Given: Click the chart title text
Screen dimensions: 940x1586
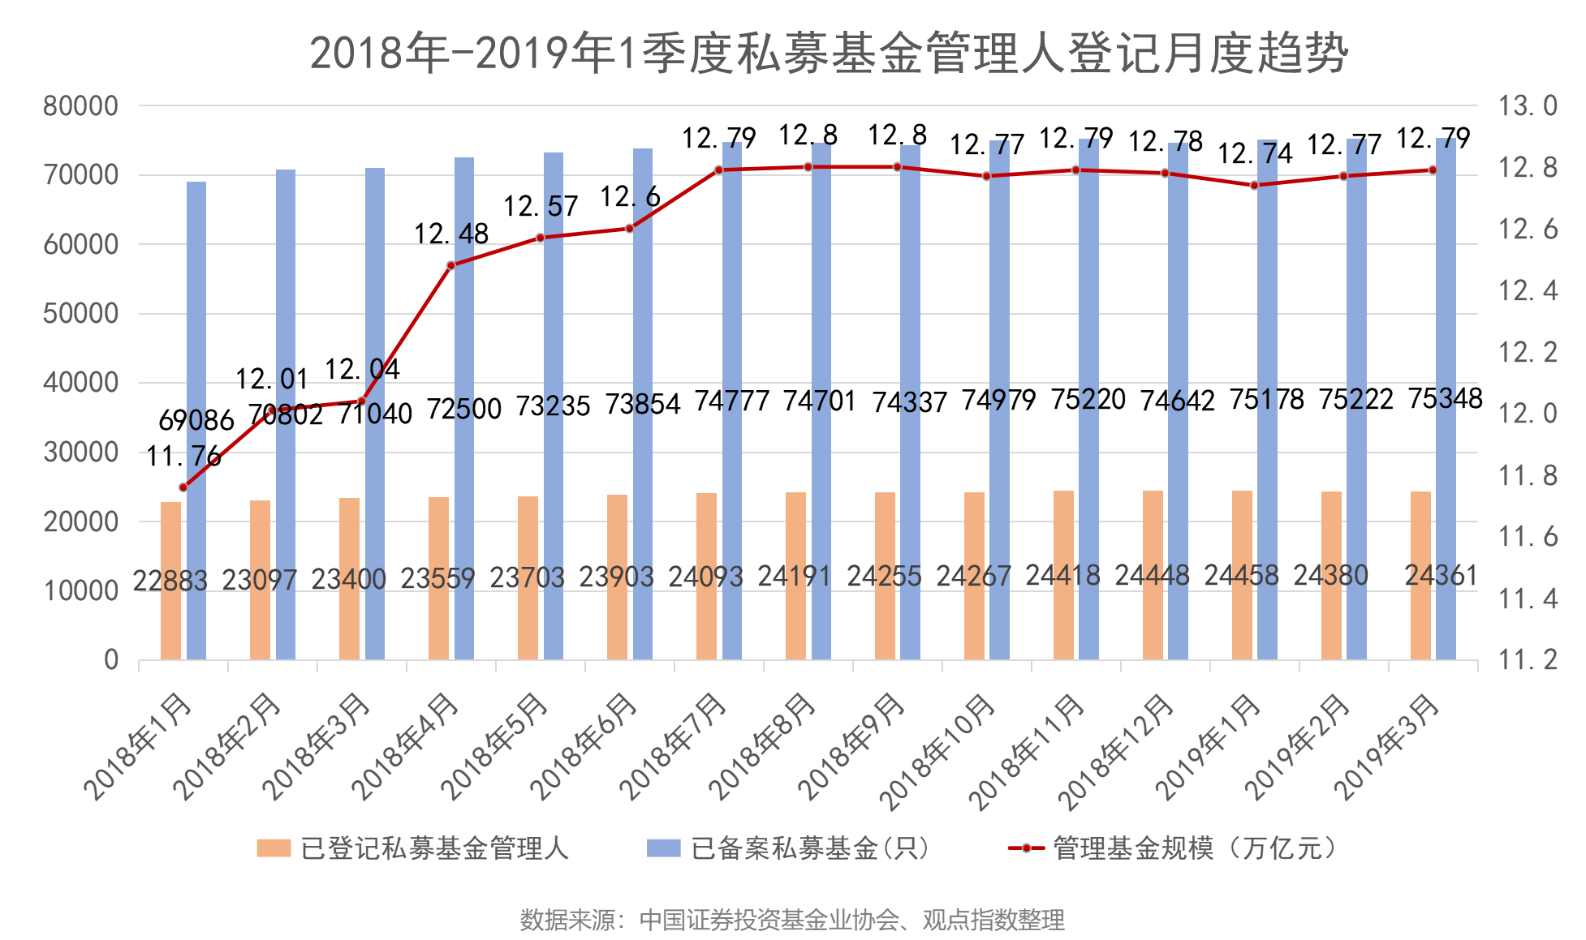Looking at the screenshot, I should (828, 54).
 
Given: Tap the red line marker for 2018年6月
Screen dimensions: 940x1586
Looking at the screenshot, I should (629, 229).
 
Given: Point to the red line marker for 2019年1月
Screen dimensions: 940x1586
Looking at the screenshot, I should (1254, 185).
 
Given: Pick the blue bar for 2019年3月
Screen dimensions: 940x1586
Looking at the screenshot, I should (1446, 398).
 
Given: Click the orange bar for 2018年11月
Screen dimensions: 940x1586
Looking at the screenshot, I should (1063, 575).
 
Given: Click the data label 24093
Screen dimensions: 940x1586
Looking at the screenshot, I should (705, 577).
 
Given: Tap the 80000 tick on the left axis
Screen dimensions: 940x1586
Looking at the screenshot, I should (80, 106).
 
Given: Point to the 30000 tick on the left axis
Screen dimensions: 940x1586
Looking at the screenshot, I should (80, 453).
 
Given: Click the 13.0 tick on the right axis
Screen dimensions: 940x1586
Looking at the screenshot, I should (1528, 106).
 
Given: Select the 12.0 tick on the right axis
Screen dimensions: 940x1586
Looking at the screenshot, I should (1528, 414).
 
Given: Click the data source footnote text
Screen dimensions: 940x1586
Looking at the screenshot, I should (792, 920).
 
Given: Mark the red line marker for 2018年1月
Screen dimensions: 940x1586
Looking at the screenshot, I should (183, 487).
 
